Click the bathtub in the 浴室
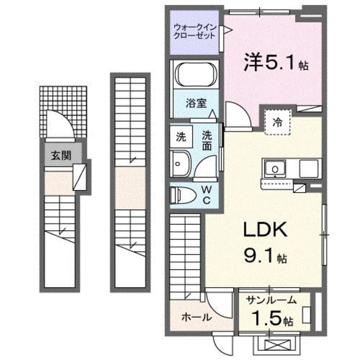click(x=195, y=74)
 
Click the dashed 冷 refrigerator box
click(x=277, y=123)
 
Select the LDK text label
click(x=265, y=231)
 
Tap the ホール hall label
click(x=196, y=317)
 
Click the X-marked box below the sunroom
click(x=272, y=344)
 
